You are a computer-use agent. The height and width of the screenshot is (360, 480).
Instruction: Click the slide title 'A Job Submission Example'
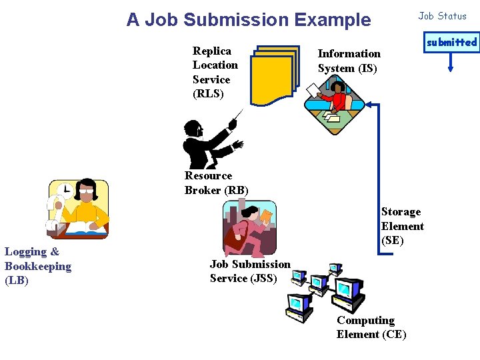point(249,20)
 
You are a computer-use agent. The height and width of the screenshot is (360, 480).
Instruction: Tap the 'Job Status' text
point(442,16)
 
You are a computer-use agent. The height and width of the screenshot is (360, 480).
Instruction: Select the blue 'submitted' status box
point(451,42)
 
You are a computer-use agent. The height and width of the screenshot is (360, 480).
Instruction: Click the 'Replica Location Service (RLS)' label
point(215,72)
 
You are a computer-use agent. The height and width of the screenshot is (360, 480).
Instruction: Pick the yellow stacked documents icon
point(275,75)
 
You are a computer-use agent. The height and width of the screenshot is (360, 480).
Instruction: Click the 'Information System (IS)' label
point(349,61)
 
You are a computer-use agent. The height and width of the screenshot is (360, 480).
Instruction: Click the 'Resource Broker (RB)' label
point(216,183)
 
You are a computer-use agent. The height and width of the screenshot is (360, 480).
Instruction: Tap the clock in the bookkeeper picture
point(64,191)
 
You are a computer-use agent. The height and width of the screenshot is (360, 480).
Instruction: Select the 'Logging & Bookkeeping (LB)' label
point(38,266)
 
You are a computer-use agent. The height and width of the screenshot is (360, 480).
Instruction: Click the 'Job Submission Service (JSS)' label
point(250,271)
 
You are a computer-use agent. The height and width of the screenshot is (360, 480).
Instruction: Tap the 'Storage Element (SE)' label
point(402,226)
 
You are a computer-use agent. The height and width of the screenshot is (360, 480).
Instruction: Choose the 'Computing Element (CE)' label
point(371,327)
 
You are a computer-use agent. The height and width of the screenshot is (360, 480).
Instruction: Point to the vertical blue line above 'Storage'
point(378,153)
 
